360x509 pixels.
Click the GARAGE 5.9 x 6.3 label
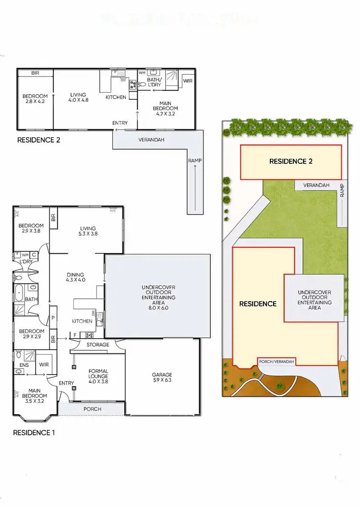coord(162,378)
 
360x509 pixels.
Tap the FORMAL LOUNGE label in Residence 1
coord(98,374)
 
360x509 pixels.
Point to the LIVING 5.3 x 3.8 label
coord(88,231)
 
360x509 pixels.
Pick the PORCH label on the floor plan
coord(92,409)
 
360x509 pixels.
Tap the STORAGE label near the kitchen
coord(97,344)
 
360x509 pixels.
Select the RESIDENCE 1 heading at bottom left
coord(34,432)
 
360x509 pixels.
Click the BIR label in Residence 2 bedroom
coord(35,73)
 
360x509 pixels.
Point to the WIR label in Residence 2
coord(187,81)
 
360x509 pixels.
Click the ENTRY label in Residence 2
coord(120,123)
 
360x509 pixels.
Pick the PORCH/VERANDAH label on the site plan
coord(276,361)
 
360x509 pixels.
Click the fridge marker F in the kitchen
coord(75,335)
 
